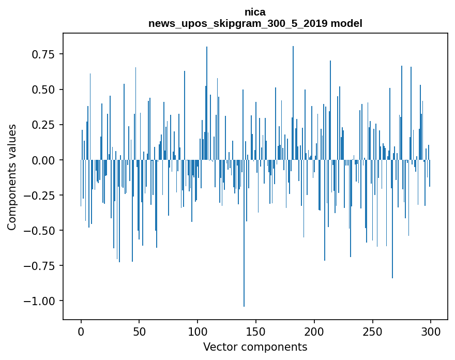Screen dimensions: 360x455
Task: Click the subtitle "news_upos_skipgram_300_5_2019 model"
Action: click(x=255, y=23)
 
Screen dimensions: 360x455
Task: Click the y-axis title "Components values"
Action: click(x=12, y=177)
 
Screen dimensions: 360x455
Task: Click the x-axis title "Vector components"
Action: click(x=255, y=347)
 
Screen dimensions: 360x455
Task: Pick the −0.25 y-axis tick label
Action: click(x=42, y=195)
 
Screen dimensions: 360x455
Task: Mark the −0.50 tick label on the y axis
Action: click(x=42, y=230)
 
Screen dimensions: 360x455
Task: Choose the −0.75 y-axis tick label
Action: click(x=42, y=266)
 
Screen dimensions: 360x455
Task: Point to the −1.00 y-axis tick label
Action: click(x=42, y=301)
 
